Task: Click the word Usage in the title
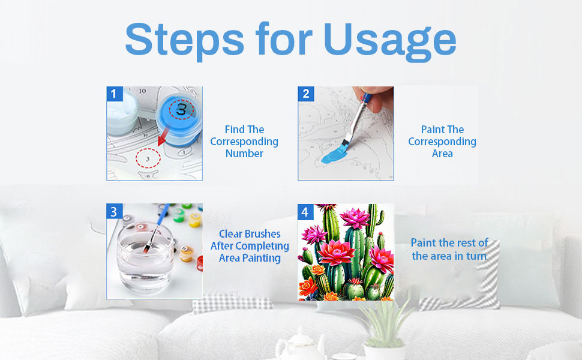390,41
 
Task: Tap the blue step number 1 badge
115,94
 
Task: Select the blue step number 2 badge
306,94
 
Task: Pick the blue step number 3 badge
114,211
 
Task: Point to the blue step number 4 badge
305,212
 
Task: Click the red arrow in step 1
163,136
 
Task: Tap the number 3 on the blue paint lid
182,109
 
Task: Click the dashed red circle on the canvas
148,158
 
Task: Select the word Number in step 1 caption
244,153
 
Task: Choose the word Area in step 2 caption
442,153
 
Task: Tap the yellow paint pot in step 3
195,220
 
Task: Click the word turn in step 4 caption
476,256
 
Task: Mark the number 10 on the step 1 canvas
143,91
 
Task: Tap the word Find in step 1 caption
235,129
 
